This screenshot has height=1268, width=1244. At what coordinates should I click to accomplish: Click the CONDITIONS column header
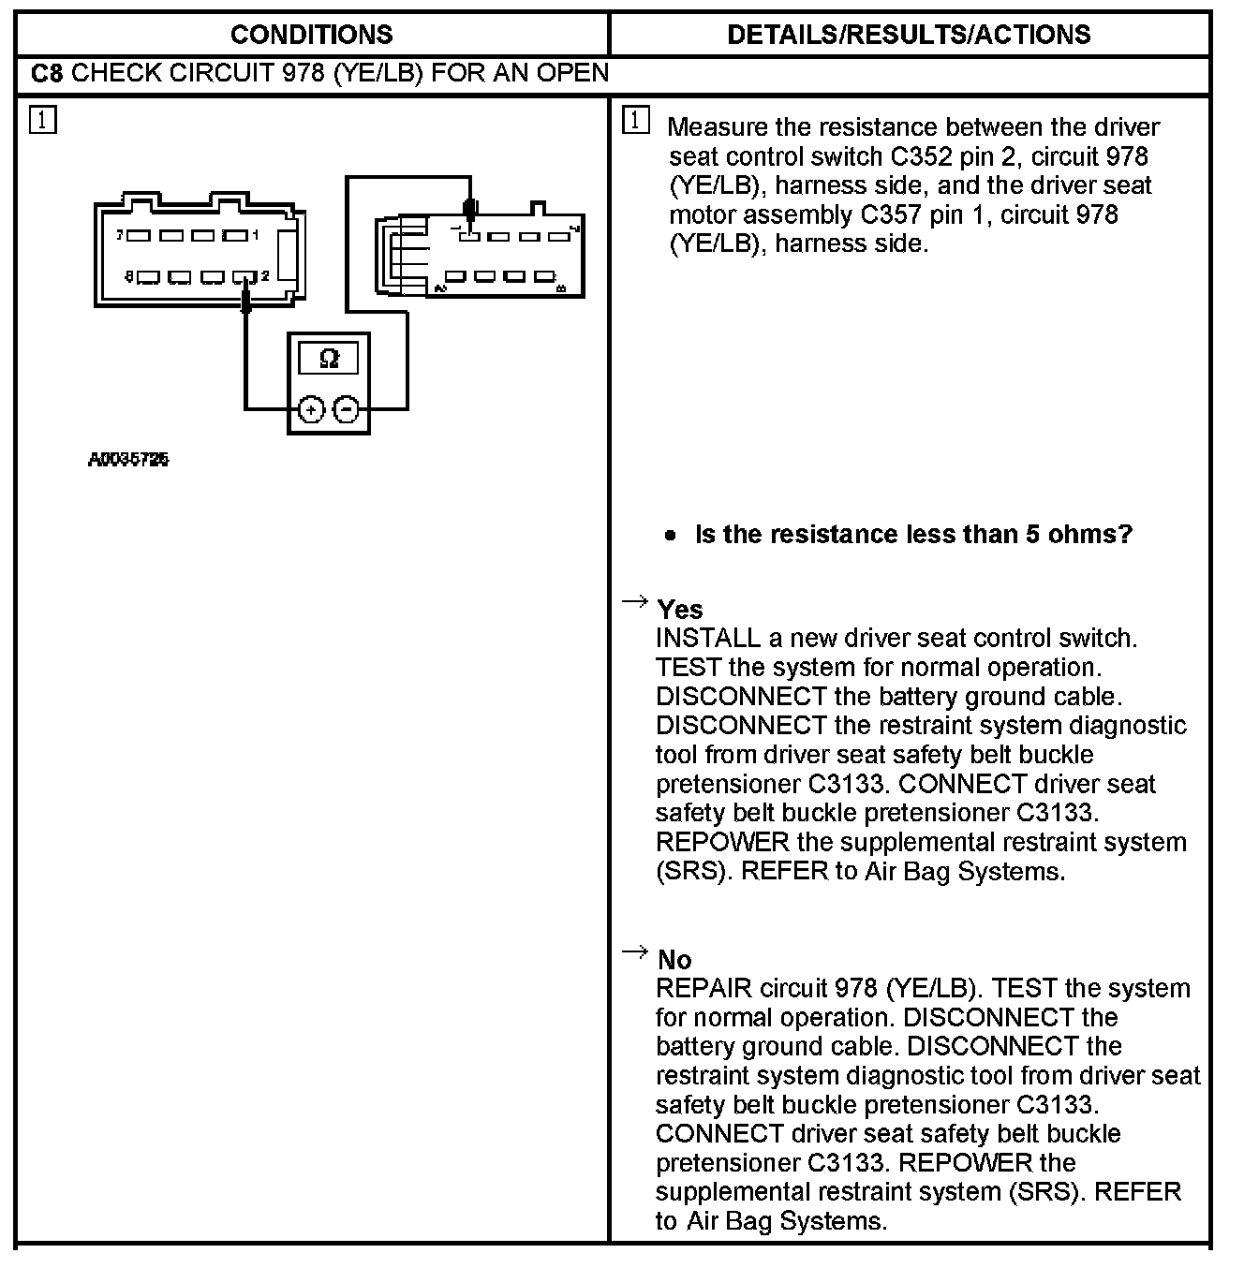[311, 35]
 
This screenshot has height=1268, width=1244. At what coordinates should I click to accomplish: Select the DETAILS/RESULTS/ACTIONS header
[909, 35]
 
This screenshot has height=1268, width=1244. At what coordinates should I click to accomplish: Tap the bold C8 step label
[47, 73]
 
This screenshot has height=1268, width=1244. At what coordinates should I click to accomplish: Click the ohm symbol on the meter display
[329, 359]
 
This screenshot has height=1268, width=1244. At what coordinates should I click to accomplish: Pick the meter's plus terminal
[311, 409]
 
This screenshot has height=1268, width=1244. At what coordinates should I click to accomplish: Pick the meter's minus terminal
[347, 409]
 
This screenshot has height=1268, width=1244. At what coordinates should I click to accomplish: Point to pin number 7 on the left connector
[120, 236]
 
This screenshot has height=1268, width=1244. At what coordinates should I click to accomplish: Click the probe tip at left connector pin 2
[246, 298]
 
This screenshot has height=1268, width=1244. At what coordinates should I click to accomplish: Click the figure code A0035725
[129, 460]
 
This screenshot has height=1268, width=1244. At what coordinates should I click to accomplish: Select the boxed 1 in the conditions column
[43, 121]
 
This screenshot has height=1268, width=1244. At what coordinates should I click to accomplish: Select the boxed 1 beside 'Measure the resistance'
[635, 121]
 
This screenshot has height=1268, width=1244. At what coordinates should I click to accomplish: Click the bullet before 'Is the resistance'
[669, 536]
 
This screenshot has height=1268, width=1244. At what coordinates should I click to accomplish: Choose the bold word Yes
[680, 610]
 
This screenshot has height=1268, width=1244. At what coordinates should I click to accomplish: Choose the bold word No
[674, 960]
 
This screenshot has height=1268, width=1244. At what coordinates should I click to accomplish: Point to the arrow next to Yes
[635, 601]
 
